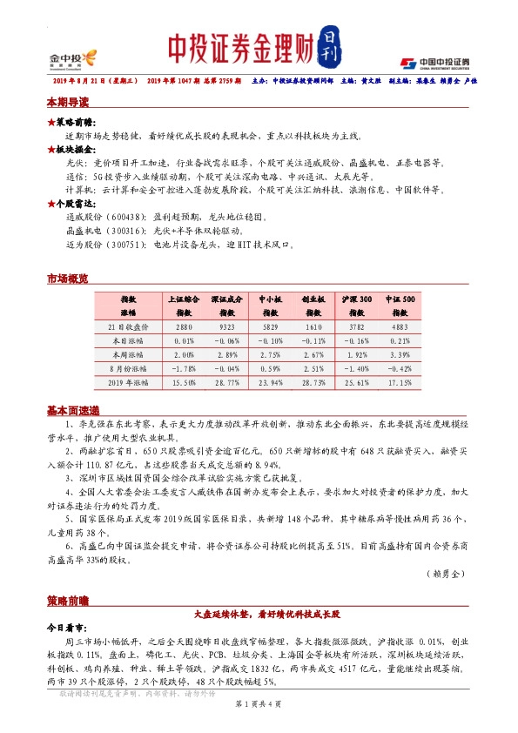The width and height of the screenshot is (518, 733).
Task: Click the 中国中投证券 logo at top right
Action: (434, 63)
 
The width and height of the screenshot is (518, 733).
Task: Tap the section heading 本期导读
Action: (67, 102)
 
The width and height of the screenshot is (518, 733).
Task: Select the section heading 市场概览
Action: (67, 279)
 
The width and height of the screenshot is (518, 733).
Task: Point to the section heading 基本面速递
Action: (72, 411)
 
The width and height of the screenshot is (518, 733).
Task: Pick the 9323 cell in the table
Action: (227, 326)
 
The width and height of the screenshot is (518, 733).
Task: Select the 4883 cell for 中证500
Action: (400, 326)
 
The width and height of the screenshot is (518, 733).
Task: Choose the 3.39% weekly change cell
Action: (400, 354)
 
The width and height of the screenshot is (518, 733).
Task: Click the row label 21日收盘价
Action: (128, 326)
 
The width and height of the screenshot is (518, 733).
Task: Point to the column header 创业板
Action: (314, 297)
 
